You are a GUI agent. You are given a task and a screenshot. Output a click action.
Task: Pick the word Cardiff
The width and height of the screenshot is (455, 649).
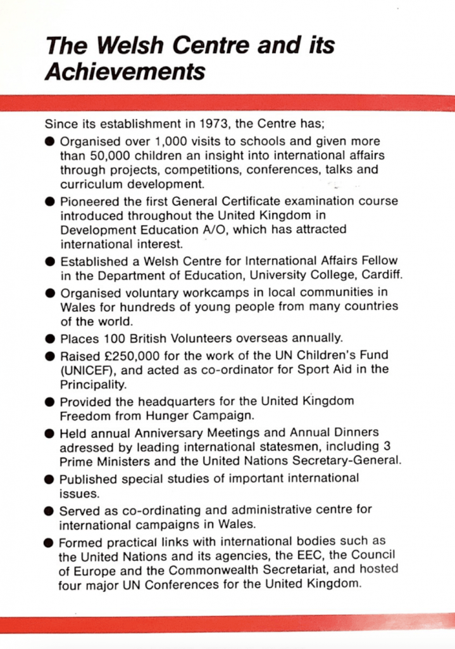click(x=383, y=274)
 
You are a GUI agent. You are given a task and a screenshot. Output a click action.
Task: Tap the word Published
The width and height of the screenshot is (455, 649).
click(x=87, y=478)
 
